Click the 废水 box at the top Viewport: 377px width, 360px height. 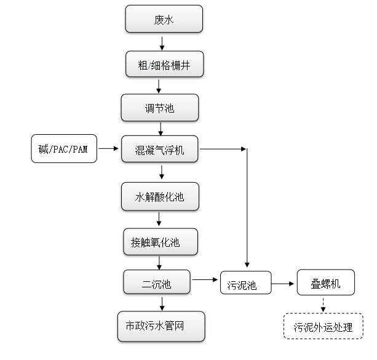pos(164,20)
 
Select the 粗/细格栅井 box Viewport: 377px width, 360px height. pos(164,64)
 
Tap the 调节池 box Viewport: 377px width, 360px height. pos(160,108)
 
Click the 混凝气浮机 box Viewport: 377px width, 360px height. pos(160,150)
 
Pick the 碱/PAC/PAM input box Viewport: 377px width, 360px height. pos(64,149)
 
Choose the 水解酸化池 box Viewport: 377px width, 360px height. pos(160,197)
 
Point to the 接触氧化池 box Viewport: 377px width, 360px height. pos(160,242)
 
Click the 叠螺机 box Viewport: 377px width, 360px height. pos(326,284)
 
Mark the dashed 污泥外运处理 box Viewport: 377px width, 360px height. pos(323,327)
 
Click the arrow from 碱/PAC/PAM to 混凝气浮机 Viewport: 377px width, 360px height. pos(108,148)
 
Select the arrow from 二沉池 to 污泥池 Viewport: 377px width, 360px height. pos(206,281)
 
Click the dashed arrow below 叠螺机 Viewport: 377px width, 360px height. pos(323,305)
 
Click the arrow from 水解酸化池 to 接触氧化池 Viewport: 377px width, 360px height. pos(159,219)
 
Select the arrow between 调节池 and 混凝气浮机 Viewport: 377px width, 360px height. pos(161,128)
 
